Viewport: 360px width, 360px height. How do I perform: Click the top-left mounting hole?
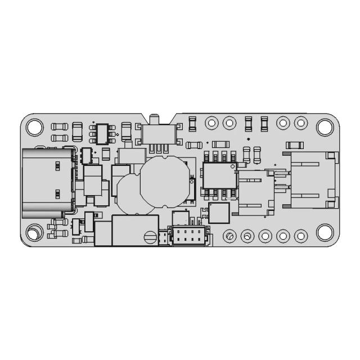point(34,127)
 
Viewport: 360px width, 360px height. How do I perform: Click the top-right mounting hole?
point(325,127)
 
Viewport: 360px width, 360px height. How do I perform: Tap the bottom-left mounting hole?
point(34,232)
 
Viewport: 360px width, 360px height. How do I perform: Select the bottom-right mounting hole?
point(325,232)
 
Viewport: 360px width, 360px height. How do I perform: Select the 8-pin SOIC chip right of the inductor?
point(220,175)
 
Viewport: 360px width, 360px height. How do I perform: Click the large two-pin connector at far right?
point(313,180)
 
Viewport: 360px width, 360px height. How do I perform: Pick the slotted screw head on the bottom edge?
point(149,237)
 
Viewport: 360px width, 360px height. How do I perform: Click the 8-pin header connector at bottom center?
point(188,236)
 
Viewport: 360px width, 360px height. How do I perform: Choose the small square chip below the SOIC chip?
point(219,213)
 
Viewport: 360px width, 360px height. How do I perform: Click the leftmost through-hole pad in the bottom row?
point(229,236)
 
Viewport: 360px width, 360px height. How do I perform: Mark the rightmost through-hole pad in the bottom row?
point(301,236)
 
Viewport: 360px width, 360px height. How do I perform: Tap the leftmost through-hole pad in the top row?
point(211,122)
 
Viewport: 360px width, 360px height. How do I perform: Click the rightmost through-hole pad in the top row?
point(301,122)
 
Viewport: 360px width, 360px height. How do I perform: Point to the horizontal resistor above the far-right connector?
point(295,145)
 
